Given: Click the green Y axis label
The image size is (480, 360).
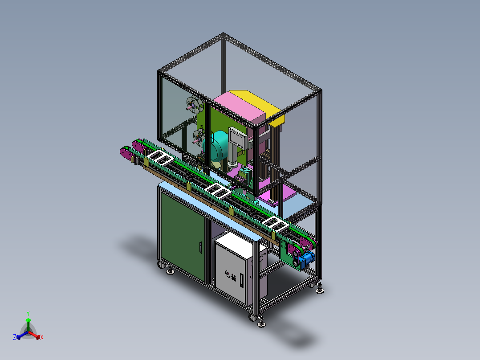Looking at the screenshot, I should pos(28,313).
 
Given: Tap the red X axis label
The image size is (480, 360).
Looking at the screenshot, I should pos(42,338).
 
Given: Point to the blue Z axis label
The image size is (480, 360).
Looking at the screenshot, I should pos(15,337).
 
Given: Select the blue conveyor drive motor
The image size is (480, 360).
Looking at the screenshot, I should pos(308,259).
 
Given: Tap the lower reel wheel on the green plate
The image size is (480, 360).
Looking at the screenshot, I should pos(196,135).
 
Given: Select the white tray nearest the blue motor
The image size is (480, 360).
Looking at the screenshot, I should pos(275,224).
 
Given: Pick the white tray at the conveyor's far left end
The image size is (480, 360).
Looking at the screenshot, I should pos(160,157).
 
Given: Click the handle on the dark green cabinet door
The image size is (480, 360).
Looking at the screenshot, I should pos(200,246).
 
